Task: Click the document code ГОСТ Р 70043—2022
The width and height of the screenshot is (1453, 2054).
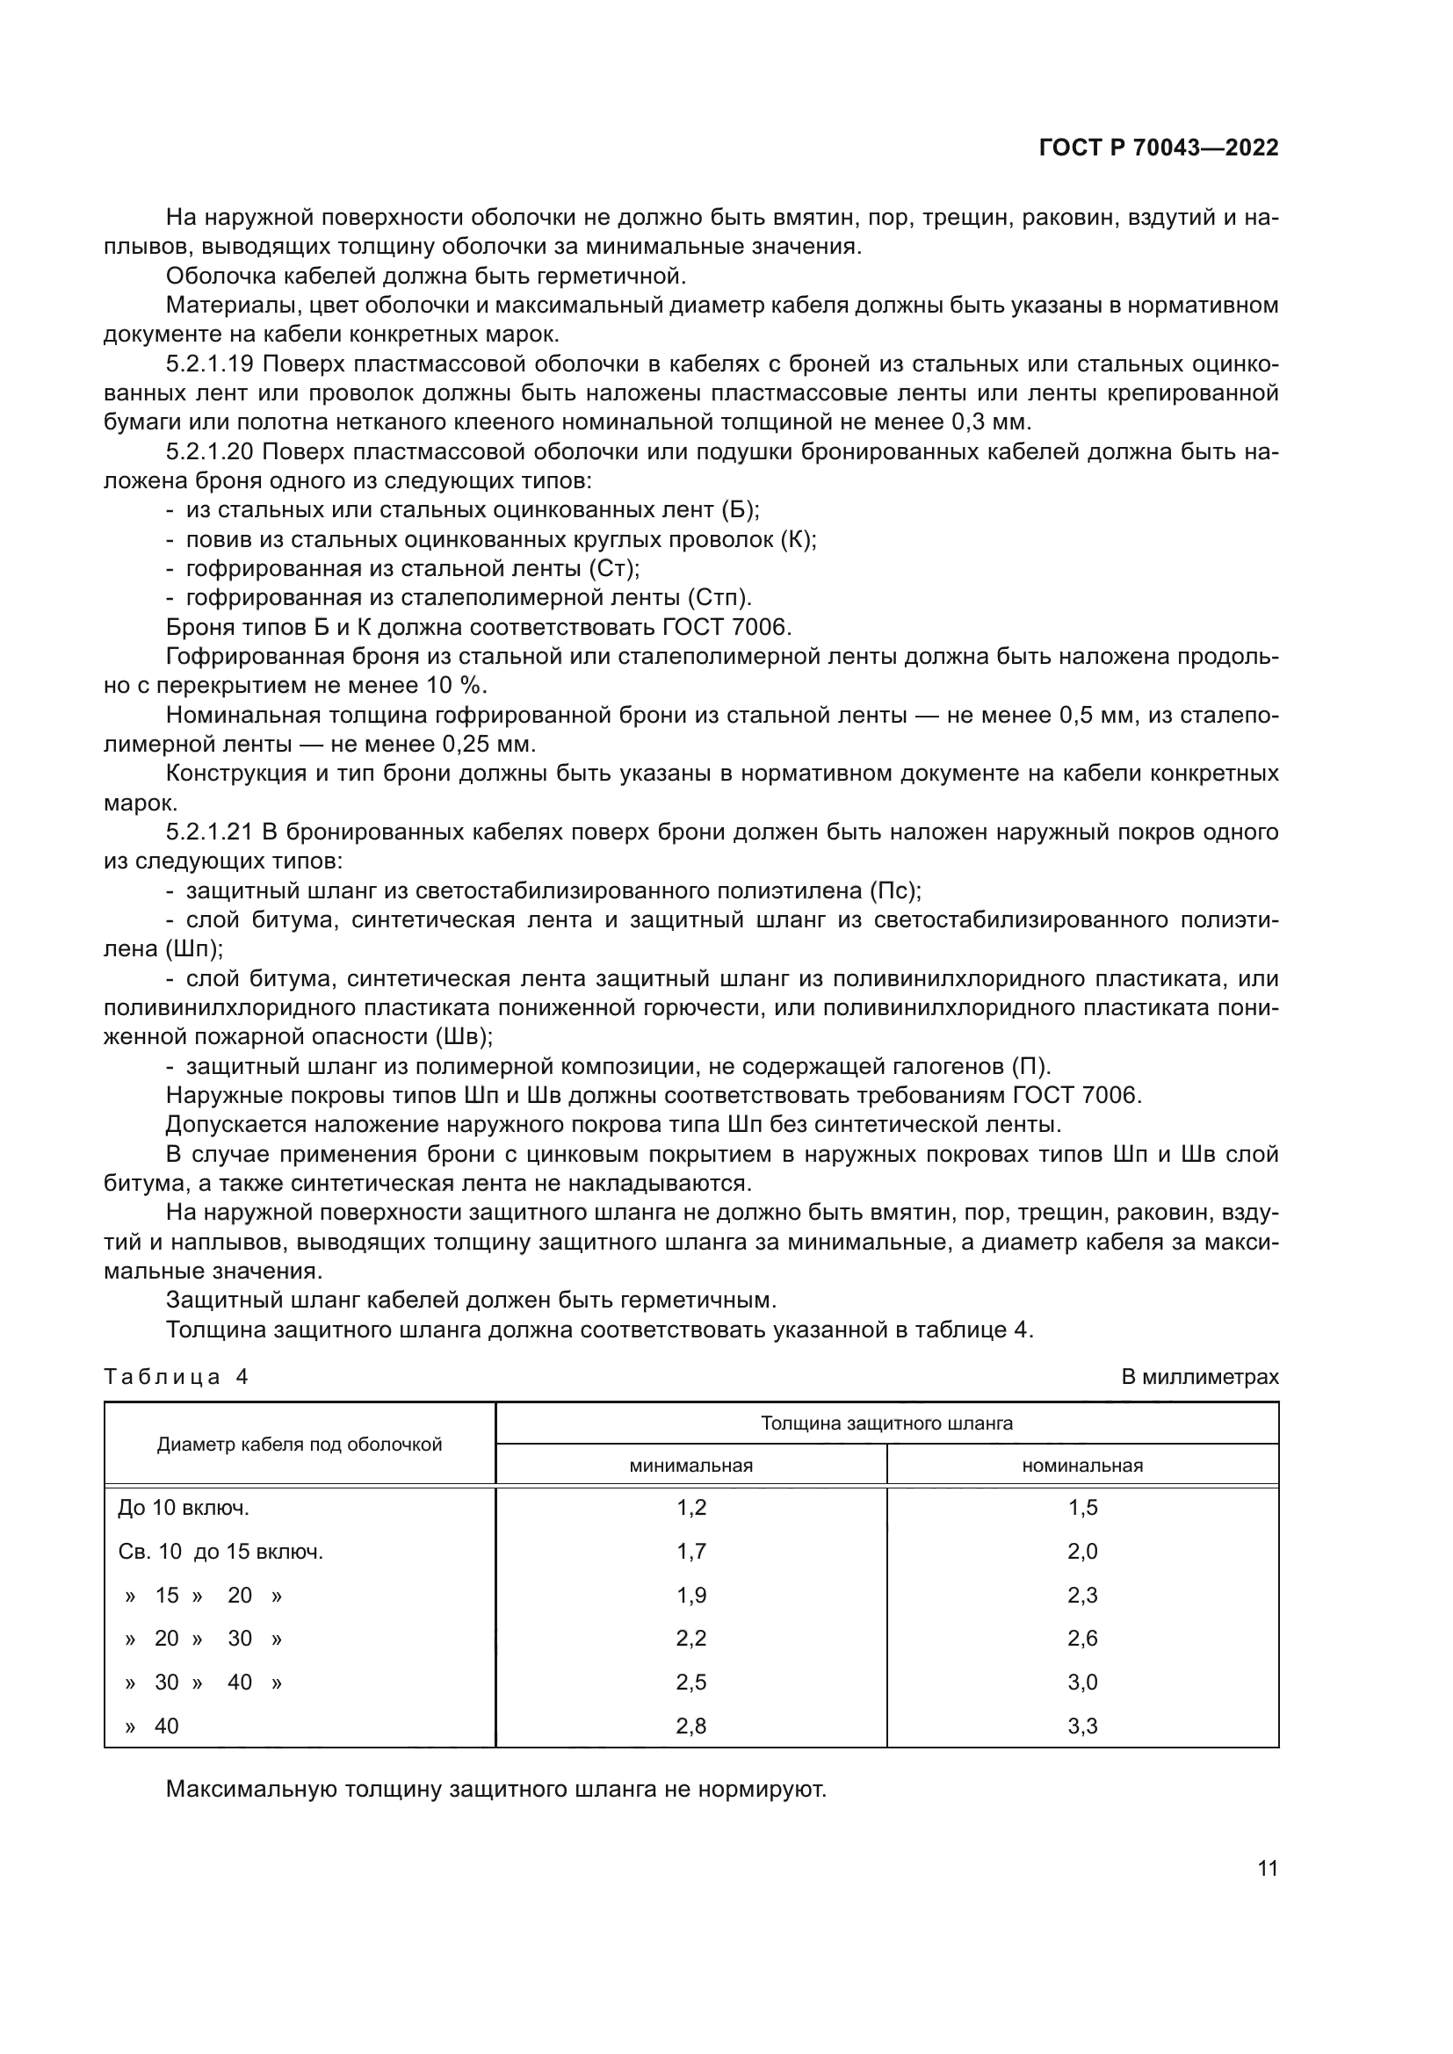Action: tap(1158, 148)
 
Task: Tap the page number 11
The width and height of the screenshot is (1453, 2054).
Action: tap(1267, 1869)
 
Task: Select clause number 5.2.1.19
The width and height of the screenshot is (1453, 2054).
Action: tap(211, 364)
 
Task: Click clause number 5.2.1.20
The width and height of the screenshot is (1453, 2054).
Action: tap(211, 451)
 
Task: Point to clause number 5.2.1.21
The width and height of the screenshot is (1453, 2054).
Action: tap(211, 832)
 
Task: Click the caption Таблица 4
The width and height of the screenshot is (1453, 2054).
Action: tap(177, 1377)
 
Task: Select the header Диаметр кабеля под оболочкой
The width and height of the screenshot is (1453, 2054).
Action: tap(300, 1445)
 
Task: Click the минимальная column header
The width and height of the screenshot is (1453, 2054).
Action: tap(690, 1467)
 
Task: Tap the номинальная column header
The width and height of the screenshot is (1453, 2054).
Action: tap(1081, 1467)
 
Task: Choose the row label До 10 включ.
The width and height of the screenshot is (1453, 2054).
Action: tap(184, 1509)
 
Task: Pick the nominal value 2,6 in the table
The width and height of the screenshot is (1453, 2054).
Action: tap(1081, 1639)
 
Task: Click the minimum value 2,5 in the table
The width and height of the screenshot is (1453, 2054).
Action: tap(690, 1683)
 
